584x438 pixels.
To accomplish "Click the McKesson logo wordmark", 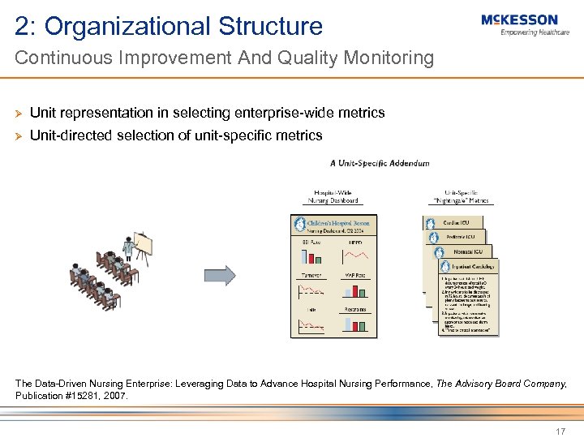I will pyautogui.click(x=519, y=19).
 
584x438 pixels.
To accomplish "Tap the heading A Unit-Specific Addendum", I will pyautogui.click(x=380, y=163).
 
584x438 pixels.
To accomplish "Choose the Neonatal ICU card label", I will pyautogui.click(x=469, y=252).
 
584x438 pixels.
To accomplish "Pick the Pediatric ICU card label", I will pyautogui.click(x=465, y=237).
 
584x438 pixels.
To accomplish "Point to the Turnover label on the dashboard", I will pyautogui.click(x=311, y=275).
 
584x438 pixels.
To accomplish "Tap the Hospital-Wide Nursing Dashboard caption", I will pyautogui.click(x=333, y=197).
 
